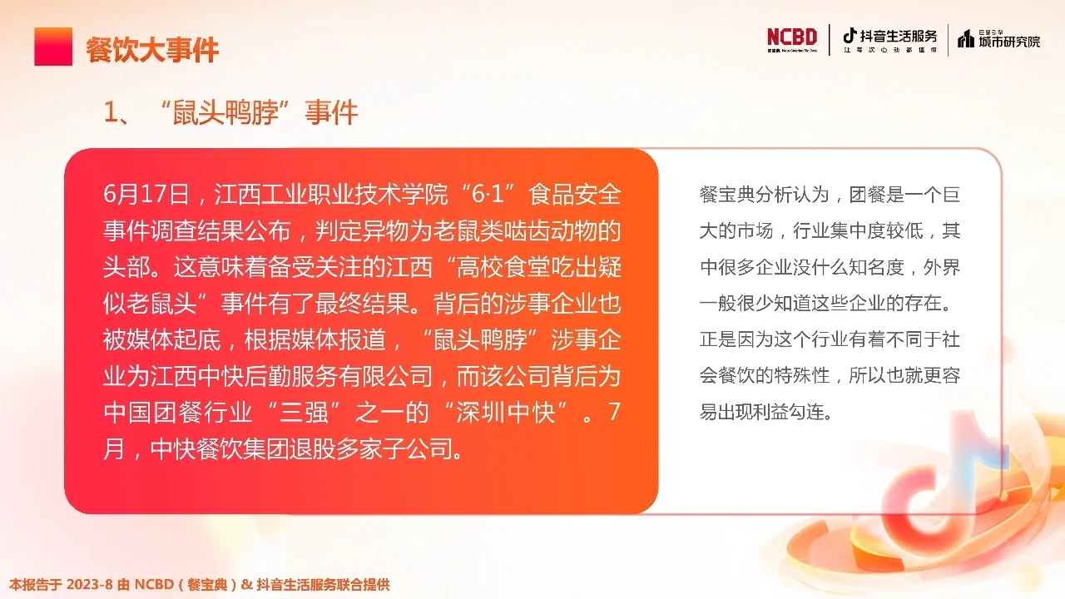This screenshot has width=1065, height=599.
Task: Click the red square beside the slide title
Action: pos(53,47)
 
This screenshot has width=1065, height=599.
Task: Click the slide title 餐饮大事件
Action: pos(152,50)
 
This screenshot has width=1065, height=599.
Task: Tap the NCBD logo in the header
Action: pos(792,38)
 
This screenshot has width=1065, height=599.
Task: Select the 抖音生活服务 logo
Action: pos(889,38)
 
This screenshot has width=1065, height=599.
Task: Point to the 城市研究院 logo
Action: pos(999,38)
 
